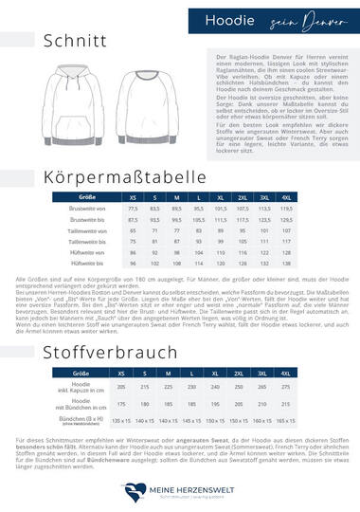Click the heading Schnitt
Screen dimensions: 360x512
click(67, 42)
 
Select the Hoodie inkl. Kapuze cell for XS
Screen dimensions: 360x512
click(120, 361)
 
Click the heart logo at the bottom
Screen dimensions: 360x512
click(132, 490)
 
